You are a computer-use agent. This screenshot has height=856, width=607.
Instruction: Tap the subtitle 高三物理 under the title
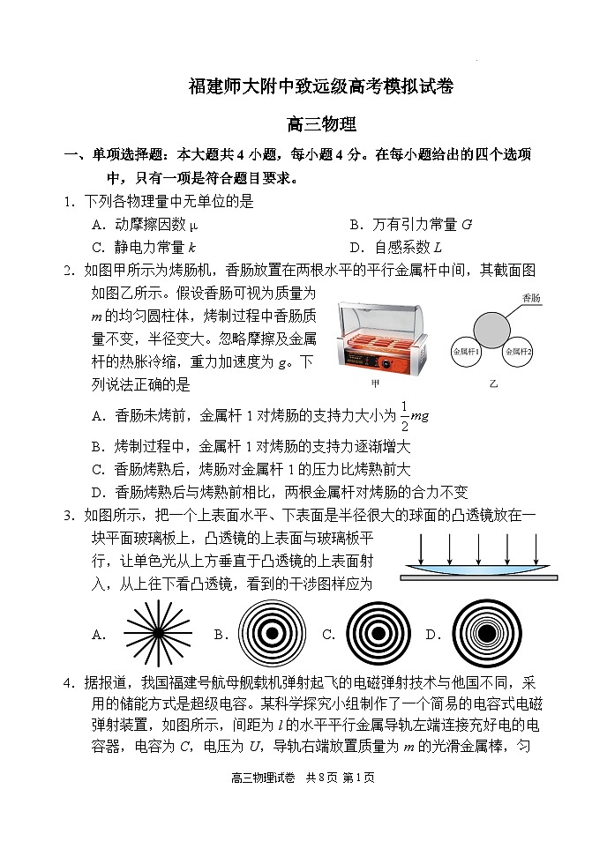click(321, 125)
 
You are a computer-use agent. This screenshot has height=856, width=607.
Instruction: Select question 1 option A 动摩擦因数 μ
click(146, 224)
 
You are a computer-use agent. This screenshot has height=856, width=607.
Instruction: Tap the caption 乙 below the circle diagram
click(493, 385)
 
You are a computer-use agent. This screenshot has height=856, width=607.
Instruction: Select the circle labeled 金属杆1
click(467, 352)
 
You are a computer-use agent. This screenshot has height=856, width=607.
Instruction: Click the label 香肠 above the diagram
click(530, 298)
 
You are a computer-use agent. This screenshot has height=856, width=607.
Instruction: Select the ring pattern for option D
click(487, 634)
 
